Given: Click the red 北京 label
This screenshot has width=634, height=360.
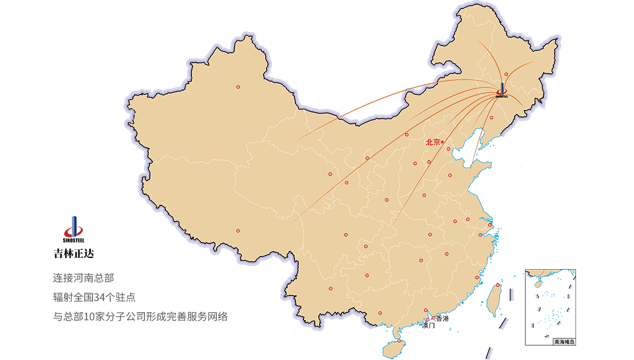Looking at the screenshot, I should tap(433, 142).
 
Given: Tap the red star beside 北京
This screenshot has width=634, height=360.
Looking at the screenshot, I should tap(443, 141).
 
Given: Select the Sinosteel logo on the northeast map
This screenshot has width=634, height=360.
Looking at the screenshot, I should tap(503, 91).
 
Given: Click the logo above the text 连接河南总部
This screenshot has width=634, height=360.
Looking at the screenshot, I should tap(73, 230).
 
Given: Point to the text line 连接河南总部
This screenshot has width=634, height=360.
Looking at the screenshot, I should tap(83, 278).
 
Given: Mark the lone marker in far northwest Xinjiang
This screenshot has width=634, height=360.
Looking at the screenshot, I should tap(238, 87).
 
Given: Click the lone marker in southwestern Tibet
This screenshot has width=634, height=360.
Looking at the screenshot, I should tap(237, 231).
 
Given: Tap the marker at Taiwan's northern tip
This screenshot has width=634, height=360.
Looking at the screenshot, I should tap(498, 285).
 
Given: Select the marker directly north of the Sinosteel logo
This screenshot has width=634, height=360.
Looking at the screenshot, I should tap(506, 74).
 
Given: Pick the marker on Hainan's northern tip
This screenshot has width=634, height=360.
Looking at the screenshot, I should tap(399, 341).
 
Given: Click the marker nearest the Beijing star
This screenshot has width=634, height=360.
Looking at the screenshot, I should tap(448, 149).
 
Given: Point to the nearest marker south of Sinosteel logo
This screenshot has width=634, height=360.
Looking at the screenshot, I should tap(492, 118).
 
